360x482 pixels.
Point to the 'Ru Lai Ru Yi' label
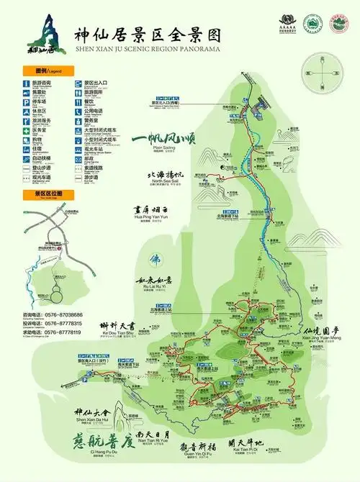pos(154,287)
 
